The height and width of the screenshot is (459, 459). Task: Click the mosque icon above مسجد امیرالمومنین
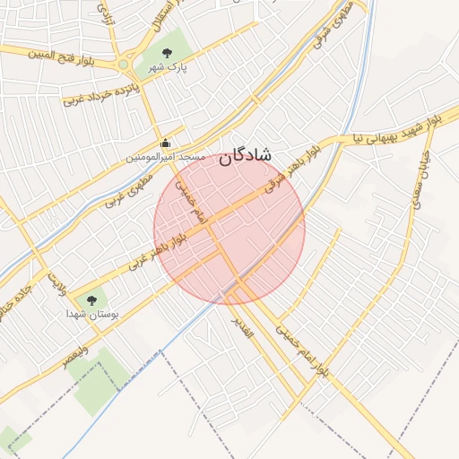pyautogui.click(x=165, y=143)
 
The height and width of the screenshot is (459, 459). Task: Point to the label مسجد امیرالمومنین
pyautogui.click(x=165, y=157)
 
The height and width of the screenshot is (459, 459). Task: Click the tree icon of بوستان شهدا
pyautogui.click(x=91, y=300)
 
